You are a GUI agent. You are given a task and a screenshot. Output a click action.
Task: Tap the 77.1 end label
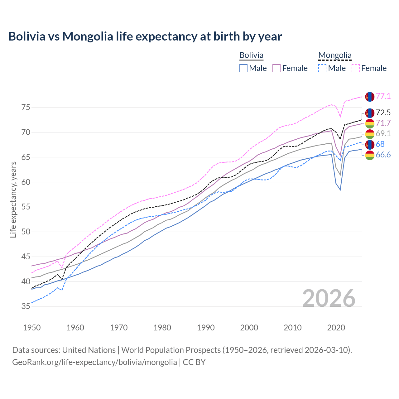pyautogui.click(x=383, y=96)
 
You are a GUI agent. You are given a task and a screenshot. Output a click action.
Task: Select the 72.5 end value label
pyautogui.click(x=383, y=113)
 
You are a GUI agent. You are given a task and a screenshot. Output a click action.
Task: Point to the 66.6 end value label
pyautogui.click(x=383, y=155)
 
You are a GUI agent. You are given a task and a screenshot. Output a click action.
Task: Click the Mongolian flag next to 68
pyautogui.click(x=370, y=144)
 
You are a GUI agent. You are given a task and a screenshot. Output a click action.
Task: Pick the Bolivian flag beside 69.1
pyautogui.click(x=370, y=134)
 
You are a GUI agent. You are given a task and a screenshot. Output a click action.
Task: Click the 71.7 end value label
pyautogui.click(x=383, y=123)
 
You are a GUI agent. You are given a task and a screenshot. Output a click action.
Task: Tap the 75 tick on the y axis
pyautogui.click(x=26, y=108)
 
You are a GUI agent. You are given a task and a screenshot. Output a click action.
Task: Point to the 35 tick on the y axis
pyautogui.click(x=26, y=306)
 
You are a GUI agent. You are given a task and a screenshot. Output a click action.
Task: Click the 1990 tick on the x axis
pyautogui.click(x=206, y=328)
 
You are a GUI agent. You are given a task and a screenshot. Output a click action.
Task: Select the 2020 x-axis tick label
pyautogui.click(x=336, y=328)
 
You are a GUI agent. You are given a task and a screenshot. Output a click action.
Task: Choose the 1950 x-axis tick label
pyautogui.click(x=32, y=328)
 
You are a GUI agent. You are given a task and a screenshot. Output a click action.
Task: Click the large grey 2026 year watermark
pyautogui.click(x=329, y=298)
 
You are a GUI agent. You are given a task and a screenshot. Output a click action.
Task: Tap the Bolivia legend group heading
pyautogui.click(x=251, y=55)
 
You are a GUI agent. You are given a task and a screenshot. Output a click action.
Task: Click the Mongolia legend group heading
pyautogui.click(x=335, y=55)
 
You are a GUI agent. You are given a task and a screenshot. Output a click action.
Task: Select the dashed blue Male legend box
pyautogui.click(x=322, y=68)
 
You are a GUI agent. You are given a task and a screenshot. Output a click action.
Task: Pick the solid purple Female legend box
pyautogui.click(x=276, y=68)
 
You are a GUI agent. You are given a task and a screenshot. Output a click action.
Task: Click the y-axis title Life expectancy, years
pyautogui.click(x=13, y=199)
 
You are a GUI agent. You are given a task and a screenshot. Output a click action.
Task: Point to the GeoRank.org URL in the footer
pyautogui.click(x=94, y=362)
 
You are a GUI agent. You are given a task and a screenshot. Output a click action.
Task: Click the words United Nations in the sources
pyautogui.click(x=89, y=350)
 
